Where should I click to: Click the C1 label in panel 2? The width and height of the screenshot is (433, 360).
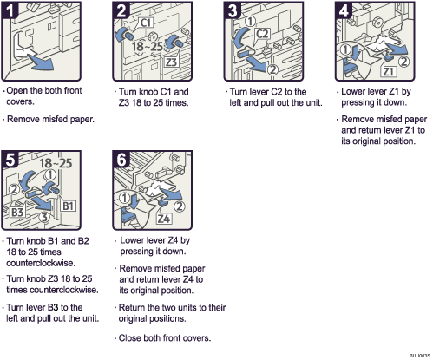pyautogui.click(x=147, y=21)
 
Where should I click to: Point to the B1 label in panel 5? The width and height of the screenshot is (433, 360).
pyautogui.click(x=69, y=206)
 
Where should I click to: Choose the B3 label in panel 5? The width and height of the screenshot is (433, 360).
pyautogui.click(x=16, y=209)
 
